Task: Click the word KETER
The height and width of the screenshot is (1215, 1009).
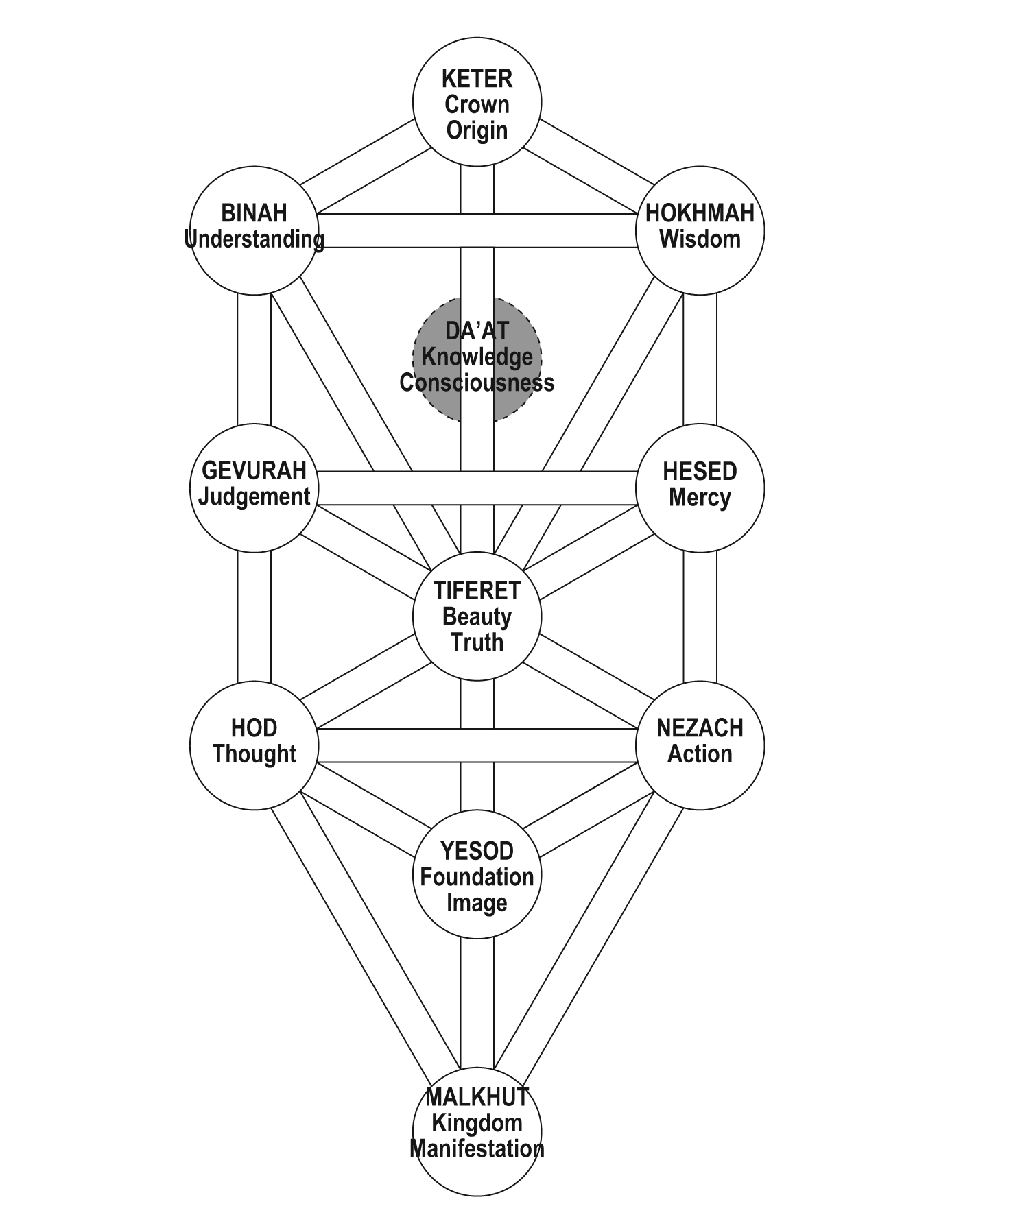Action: pos(477,79)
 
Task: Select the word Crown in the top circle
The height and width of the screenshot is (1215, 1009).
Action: pos(477,105)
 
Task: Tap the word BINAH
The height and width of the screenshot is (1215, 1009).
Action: pos(254,213)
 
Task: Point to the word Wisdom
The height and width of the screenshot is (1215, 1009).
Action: pos(700,239)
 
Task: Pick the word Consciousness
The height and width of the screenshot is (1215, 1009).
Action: pos(477,383)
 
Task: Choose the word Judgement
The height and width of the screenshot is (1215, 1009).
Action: pos(254,496)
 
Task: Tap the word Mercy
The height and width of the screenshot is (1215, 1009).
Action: pos(700,497)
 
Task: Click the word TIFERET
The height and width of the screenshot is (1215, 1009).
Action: pos(477,591)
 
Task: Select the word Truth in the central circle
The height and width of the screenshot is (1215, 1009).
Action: pos(477,642)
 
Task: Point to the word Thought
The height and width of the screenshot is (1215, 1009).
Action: pos(254,754)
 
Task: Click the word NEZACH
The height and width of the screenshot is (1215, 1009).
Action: pos(700,728)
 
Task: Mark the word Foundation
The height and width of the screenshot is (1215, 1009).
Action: pos(477,877)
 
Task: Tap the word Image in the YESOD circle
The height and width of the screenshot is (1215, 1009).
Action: pos(477,903)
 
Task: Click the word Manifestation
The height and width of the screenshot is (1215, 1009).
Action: pos(477,1149)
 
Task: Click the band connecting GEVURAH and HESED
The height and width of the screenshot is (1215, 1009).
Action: pos(477,488)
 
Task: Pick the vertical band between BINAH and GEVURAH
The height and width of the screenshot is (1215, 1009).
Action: pos(254,360)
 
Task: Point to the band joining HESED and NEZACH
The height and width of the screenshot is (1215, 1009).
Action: pos(700,617)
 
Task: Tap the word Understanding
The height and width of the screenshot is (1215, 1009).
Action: pos(254,239)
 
